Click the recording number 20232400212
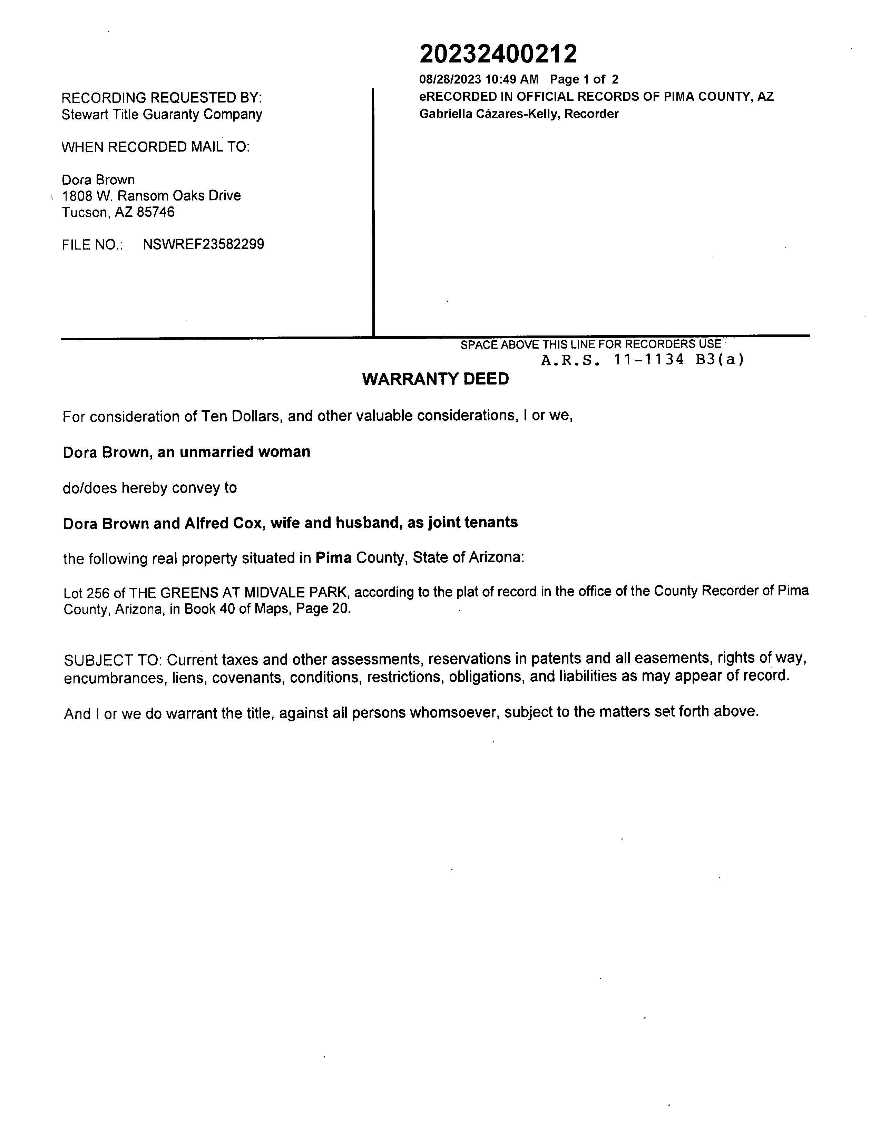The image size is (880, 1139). [x=498, y=54]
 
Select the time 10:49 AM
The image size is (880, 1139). [x=511, y=80]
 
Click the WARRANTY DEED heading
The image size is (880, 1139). [x=435, y=379]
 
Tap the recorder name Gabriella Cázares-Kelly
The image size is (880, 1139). [x=490, y=114]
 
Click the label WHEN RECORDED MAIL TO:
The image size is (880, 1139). [x=155, y=147]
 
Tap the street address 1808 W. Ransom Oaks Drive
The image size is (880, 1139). [x=151, y=196]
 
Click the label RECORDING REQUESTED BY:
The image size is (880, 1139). [x=162, y=98]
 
